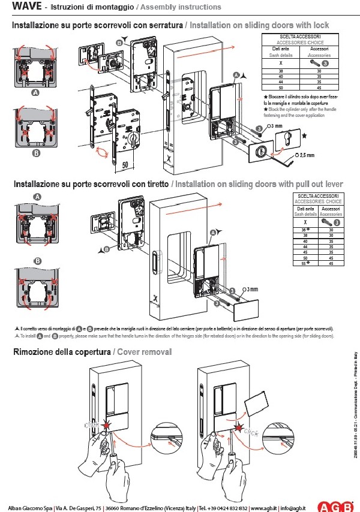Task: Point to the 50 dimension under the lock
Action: (x=125, y=162)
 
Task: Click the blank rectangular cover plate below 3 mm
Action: (x=247, y=310)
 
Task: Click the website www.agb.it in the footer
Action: (x=264, y=508)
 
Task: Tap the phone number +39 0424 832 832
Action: (x=223, y=508)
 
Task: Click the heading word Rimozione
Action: (x=36, y=352)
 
